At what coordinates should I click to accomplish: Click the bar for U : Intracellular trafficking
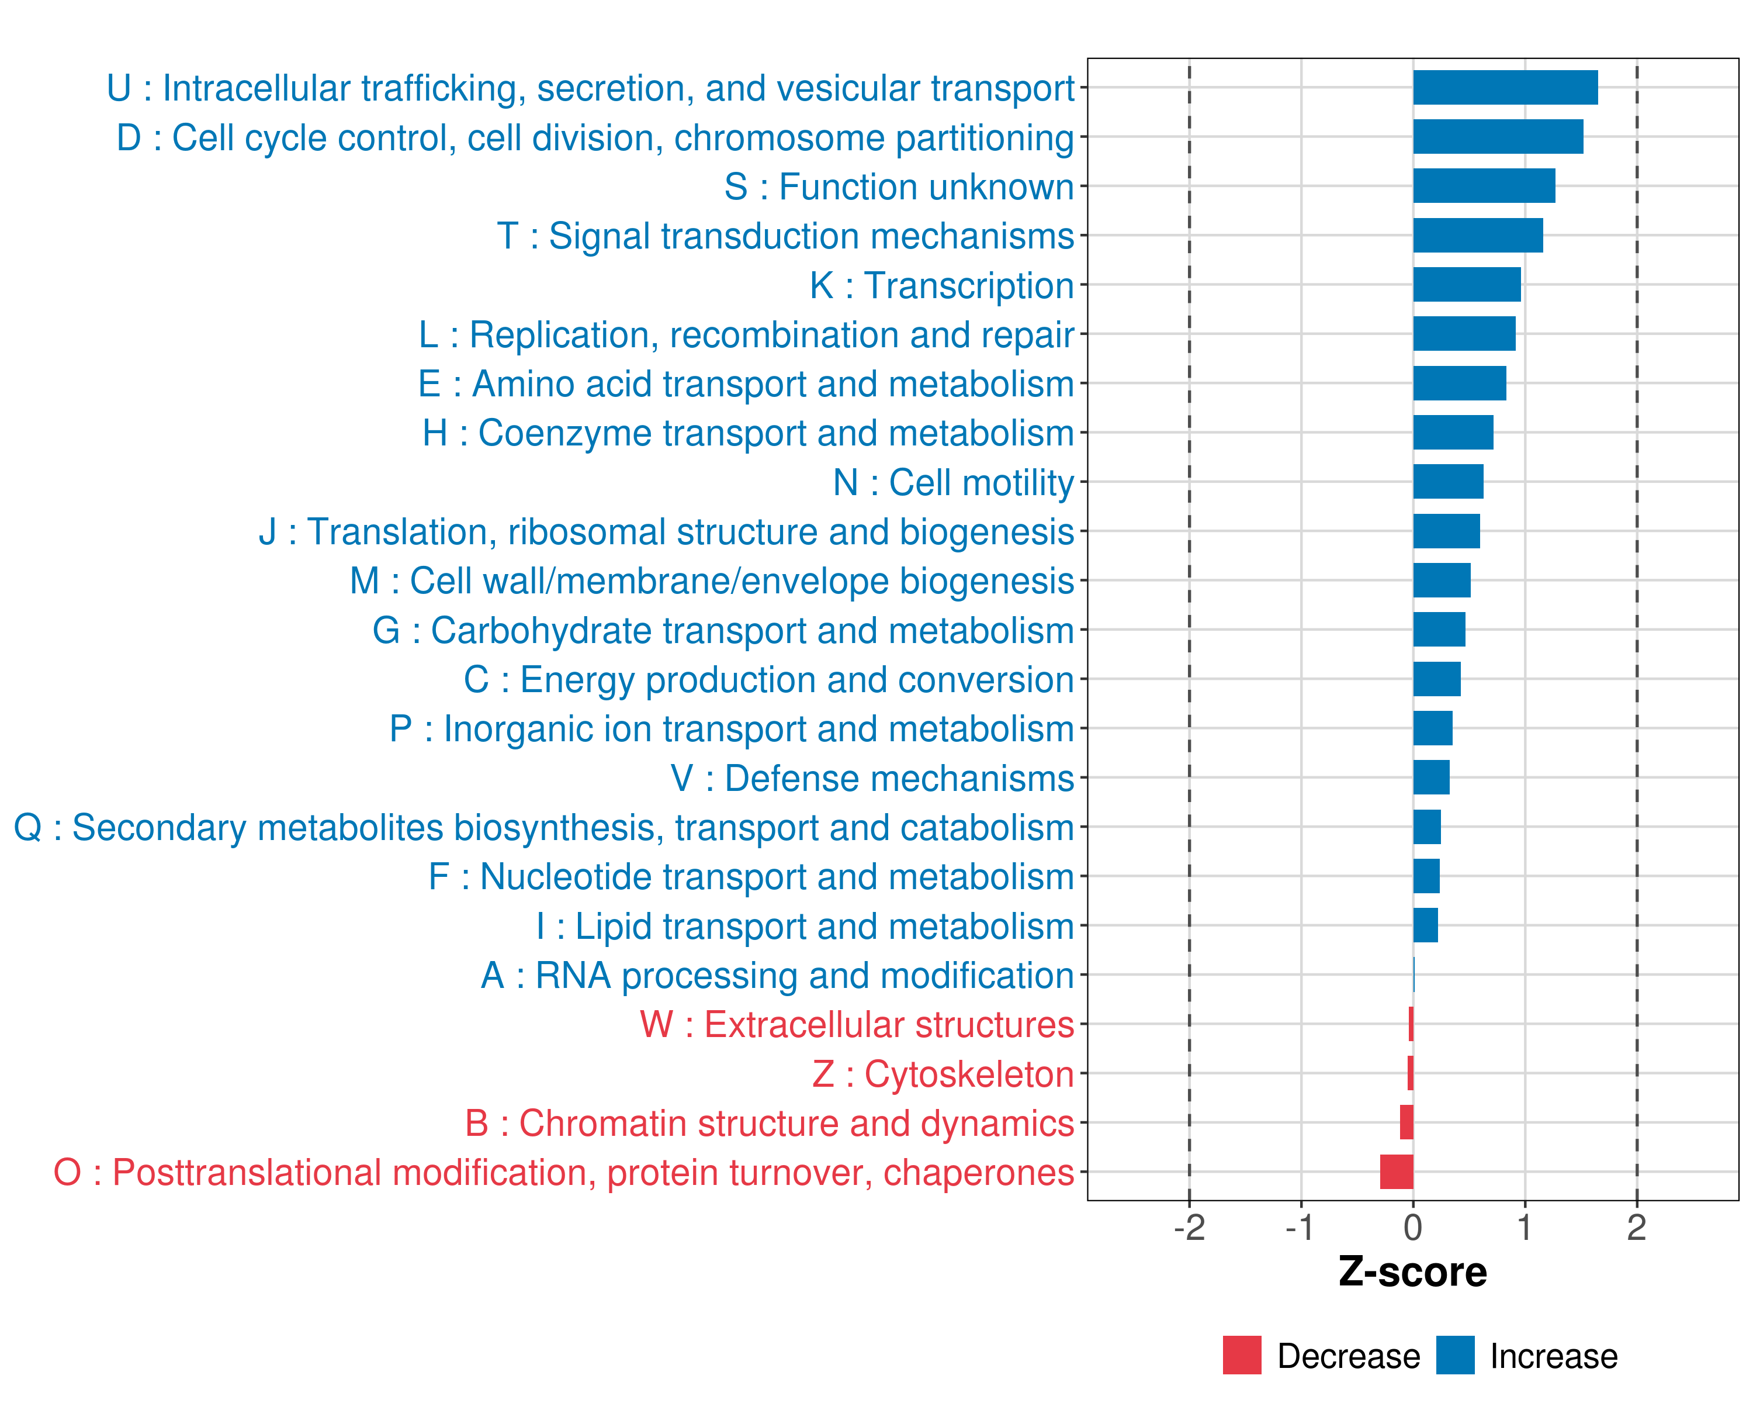(x=1505, y=88)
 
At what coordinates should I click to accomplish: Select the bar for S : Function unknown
(x=1484, y=186)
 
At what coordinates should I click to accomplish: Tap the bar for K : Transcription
(x=1467, y=285)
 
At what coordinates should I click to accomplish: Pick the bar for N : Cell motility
(x=1448, y=482)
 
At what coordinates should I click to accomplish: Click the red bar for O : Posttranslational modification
(x=1397, y=1172)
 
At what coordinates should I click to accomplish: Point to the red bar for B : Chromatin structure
(x=1406, y=1122)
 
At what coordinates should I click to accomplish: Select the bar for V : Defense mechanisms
(x=1431, y=777)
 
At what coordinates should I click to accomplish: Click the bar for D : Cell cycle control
(x=1498, y=137)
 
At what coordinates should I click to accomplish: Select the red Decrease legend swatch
(x=1242, y=1355)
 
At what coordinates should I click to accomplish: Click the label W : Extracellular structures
(x=857, y=1025)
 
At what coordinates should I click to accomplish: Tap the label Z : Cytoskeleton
(x=943, y=1074)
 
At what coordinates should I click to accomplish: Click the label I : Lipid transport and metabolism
(x=805, y=927)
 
